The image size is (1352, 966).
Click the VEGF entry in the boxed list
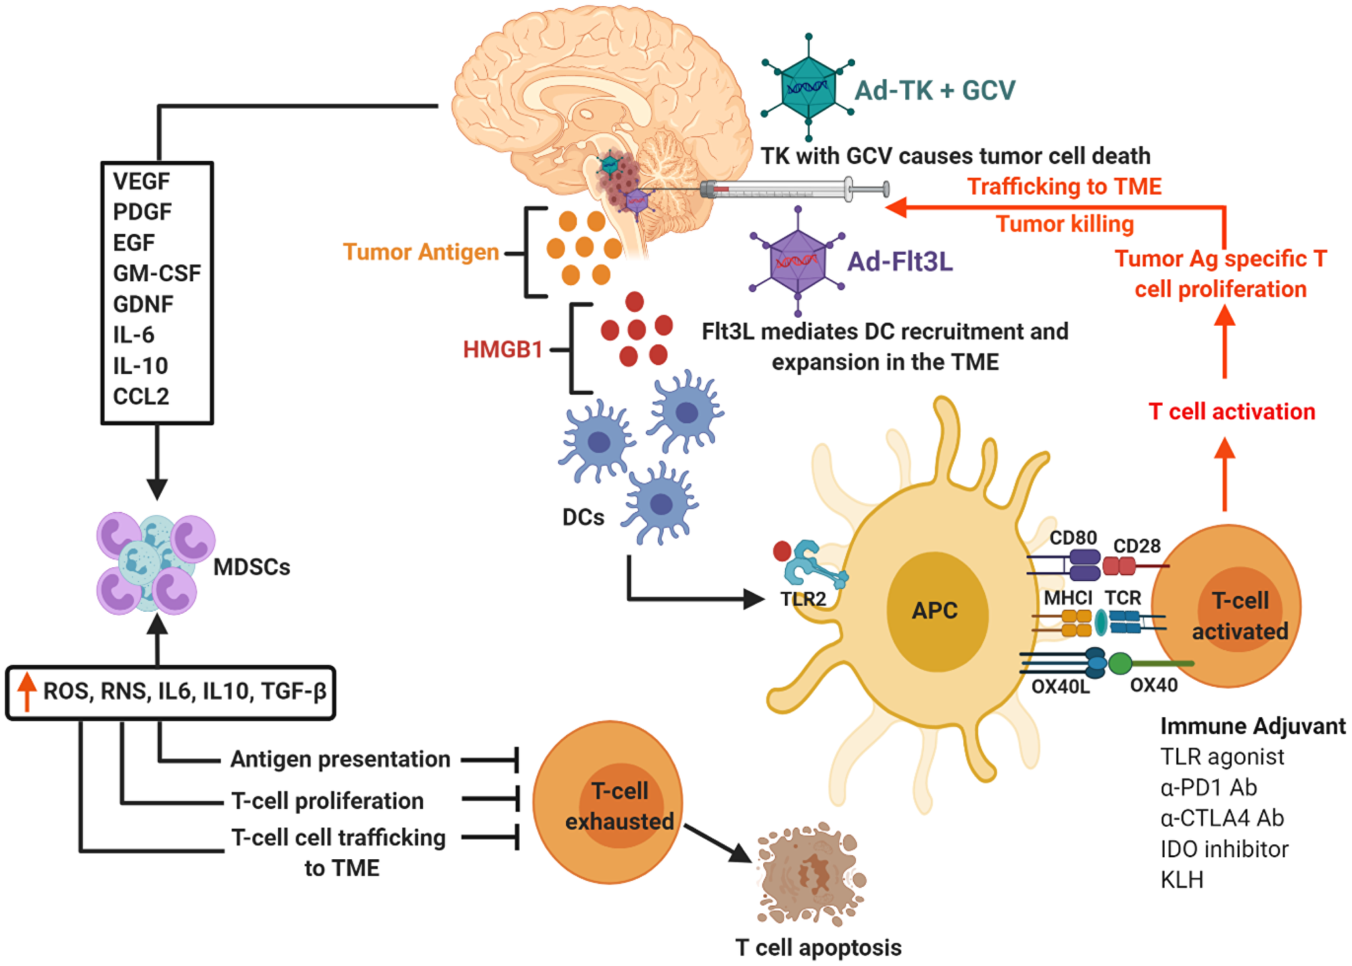[x=141, y=181]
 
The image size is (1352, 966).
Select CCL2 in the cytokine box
[x=141, y=396]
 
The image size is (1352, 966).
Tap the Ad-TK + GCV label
[x=935, y=90]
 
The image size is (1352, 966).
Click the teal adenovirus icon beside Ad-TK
[x=808, y=87]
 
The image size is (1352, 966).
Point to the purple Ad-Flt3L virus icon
[x=798, y=261]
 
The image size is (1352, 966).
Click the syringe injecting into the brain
[x=794, y=190]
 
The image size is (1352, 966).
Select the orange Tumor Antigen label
[x=420, y=252]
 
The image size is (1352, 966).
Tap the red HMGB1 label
[x=503, y=349]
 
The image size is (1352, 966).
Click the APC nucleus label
[x=935, y=610]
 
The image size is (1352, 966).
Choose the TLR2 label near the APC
[x=803, y=599]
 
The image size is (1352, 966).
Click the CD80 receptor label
[x=1073, y=537]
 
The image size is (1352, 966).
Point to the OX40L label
[x=1061, y=686]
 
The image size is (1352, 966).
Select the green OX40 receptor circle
[x=1120, y=664]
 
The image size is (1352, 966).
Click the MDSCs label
[x=251, y=567]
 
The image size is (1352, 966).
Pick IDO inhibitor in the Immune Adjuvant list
[x=1224, y=849]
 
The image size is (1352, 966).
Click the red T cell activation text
[x=1232, y=412]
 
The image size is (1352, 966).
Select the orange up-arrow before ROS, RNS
[x=27, y=691]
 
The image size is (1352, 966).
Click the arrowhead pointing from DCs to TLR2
[x=753, y=599]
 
